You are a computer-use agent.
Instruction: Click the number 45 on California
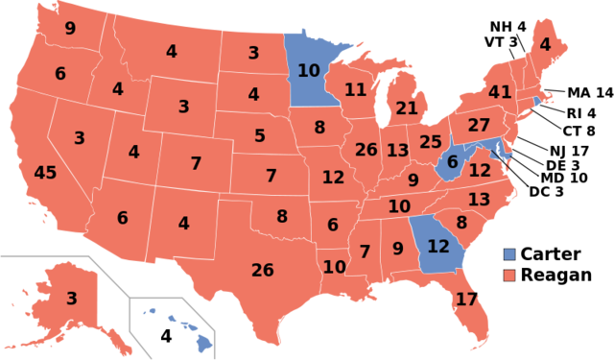(45, 174)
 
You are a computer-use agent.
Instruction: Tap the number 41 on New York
(500, 93)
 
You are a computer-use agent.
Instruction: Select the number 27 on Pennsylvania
(479, 126)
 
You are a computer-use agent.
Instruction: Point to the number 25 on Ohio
(431, 143)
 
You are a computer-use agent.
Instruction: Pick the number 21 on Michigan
(407, 108)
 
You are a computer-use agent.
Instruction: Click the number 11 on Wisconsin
(356, 90)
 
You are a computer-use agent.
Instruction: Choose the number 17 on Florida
(466, 300)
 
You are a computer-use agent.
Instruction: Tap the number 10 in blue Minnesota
(308, 70)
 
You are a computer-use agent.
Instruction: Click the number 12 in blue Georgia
(437, 247)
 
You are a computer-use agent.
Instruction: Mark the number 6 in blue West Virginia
(452, 162)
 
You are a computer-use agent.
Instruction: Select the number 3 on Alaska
(71, 299)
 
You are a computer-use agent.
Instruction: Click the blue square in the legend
(509, 254)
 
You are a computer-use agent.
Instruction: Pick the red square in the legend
(509, 275)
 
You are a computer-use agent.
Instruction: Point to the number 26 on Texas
(262, 271)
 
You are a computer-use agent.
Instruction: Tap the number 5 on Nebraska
(260, 136)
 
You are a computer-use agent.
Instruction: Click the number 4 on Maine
(545, 44)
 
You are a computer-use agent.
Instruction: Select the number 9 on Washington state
(70, 29)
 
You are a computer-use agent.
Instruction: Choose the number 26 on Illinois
(366, 150)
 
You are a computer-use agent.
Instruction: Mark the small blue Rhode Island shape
(536, 100)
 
